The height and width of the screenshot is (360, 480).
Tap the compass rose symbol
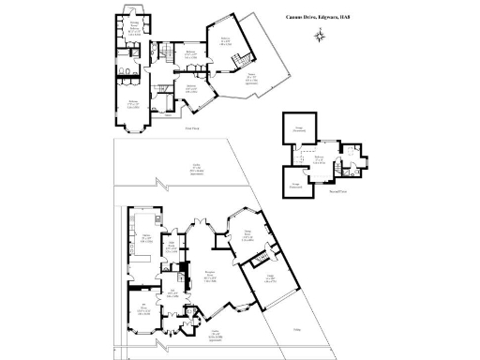tap(321, 36)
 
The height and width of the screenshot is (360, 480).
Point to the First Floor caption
tap(192, 128)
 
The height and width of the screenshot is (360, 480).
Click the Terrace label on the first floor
tap(249, 81)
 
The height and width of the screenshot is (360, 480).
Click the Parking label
tap(294, 328)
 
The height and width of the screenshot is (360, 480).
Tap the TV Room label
tap(143, 307)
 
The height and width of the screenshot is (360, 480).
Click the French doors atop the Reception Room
tap(200, 223)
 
